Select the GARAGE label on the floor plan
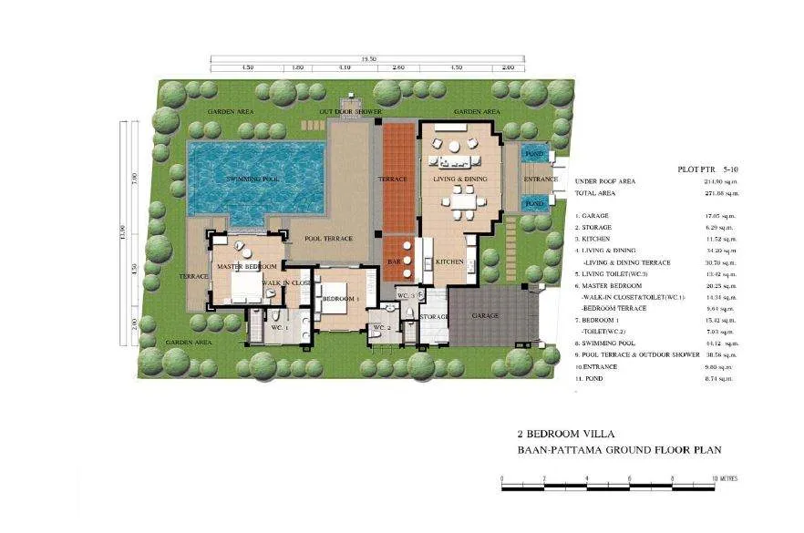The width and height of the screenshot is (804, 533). pyautogui.click(x=484, y=316)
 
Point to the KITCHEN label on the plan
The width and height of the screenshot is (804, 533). pyautogui.click(x=450, y=261)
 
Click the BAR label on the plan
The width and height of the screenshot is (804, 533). pyautogui.click(x=395, y=261)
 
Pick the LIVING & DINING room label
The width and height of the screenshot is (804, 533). pyautogui.click(x=460, y=179)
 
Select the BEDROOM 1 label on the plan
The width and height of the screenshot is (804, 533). pyautogui.click(x=340, y=299)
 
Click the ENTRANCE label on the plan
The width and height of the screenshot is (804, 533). pyautogui.click(x=541, y=179)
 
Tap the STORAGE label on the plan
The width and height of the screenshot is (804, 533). pyautogui.click(x=434, y=317)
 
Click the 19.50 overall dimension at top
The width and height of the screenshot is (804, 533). pyautogui.click(x=368, y=58)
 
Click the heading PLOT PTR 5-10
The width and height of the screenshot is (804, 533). pyautogui.click(x=708, y=169)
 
